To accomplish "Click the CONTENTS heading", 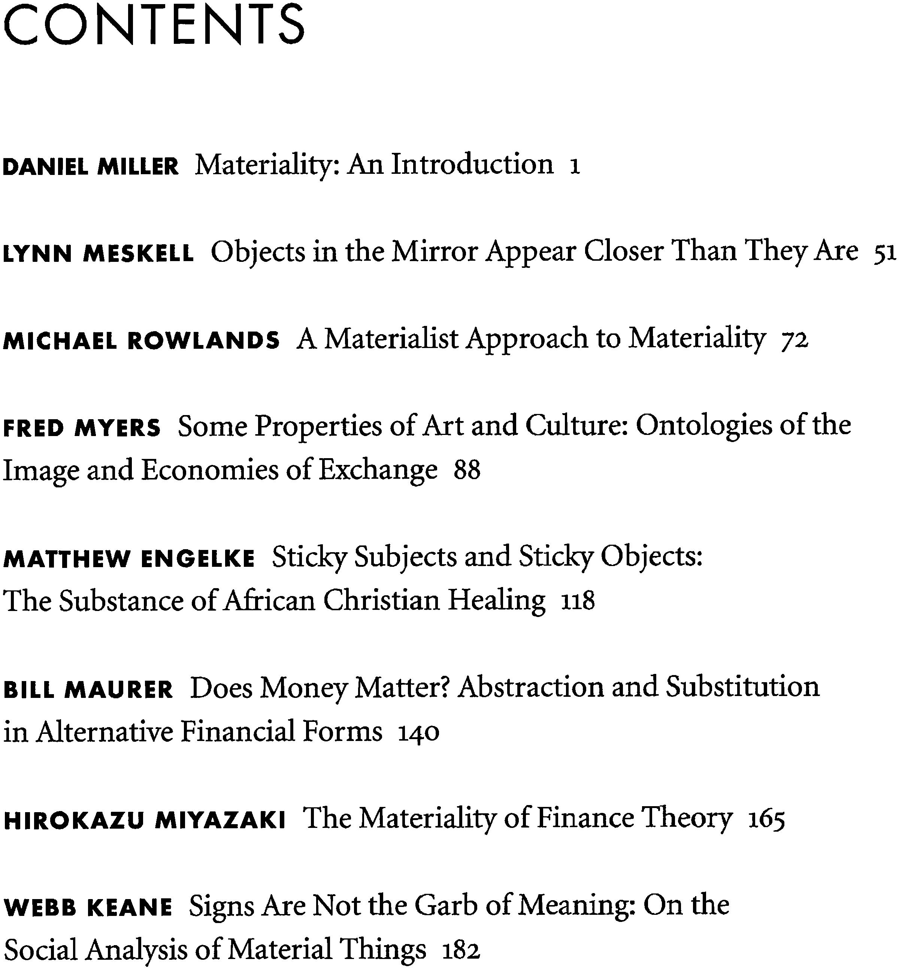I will coord(154,24).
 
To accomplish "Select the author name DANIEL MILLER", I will coord(91,167).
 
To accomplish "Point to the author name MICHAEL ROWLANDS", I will coord(141,341).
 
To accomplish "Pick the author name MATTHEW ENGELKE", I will coord(129,559).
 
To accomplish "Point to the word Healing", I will coord(497,601).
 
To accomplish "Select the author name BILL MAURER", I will coord(88,690).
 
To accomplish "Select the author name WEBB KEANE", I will coord(88,907).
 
